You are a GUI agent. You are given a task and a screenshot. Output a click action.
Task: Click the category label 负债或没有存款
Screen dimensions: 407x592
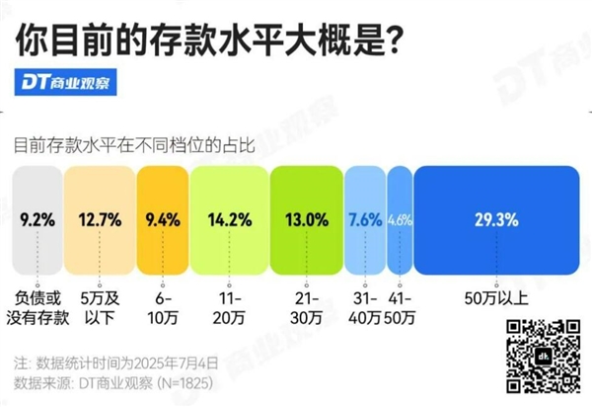[37, 303]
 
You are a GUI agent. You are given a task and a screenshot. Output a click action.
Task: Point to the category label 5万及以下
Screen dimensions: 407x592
[99, 303]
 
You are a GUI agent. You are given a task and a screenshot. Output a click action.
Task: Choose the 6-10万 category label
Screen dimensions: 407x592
[161, 303]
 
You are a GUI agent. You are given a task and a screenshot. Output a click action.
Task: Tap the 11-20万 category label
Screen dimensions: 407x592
[229, 303]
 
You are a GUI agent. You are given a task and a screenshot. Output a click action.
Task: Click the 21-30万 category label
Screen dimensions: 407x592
[305, 303]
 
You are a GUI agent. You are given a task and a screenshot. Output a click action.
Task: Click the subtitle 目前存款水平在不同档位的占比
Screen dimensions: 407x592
[134, 145]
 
